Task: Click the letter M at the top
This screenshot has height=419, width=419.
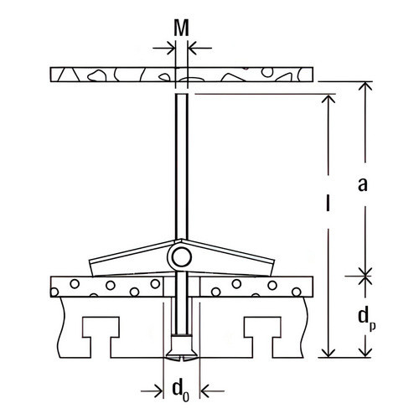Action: pyautogui.click(x=181, y=28)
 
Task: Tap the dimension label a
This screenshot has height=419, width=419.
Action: pyautogui.click(x=363, y=184)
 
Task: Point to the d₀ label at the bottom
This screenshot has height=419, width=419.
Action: pyautogui.click(x=181, y=391)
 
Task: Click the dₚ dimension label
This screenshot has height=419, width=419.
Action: pyautogui.click(x=367, y=319)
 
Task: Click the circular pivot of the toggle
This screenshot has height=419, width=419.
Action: pyautogui.click(x=181, y=257)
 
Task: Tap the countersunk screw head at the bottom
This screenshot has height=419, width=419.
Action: pyautogui.click(x=182, y=349)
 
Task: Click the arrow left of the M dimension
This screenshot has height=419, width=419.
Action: pyautogui.click(x=164, y=48)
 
